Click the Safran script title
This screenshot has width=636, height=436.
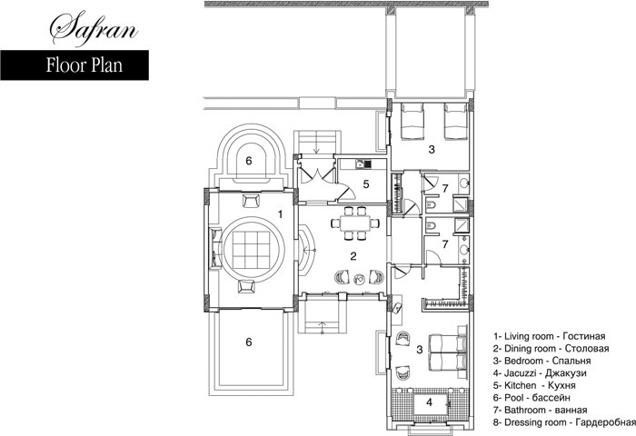click(x=94, y=29)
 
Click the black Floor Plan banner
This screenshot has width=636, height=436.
click(x=75, y=65)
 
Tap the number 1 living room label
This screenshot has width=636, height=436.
click(x=280, y=213)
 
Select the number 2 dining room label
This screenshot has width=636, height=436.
click(x=353, y=256)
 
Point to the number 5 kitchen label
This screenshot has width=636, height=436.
click(x=366, y=184)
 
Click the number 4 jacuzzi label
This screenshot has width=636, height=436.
click(x=430, y=402)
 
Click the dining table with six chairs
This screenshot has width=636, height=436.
click(x=355, y=223)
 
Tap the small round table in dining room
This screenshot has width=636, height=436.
click(x=359, y=278)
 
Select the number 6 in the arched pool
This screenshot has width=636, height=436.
click(x=249, y=161)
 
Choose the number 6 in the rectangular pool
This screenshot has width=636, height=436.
click(x=249, y=342)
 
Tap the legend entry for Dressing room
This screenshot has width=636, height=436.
click(x=564, y=422)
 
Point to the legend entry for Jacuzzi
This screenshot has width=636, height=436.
click(x=540, y=372)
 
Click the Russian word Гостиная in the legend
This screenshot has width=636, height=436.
click(x=584, y=336)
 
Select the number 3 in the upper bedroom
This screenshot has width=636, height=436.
click(x=432, y=150)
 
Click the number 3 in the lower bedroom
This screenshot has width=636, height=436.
click(x=420, y=349)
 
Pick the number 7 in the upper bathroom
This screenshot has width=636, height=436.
click(x=445, y=188)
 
